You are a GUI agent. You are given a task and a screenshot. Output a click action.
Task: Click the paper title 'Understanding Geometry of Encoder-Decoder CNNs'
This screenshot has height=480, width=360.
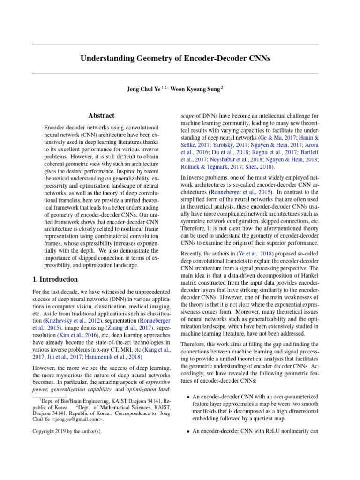coord(175,59)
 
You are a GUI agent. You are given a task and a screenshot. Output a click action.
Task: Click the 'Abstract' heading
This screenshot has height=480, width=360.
coord(101,116)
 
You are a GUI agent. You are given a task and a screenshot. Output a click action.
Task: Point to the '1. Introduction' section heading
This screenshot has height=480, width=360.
coord(55,279)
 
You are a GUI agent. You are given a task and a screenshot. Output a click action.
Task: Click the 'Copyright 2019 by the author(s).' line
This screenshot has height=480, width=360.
coord(67,431)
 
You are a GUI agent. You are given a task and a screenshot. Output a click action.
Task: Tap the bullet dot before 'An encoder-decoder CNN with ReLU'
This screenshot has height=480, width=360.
coord(188,431)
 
